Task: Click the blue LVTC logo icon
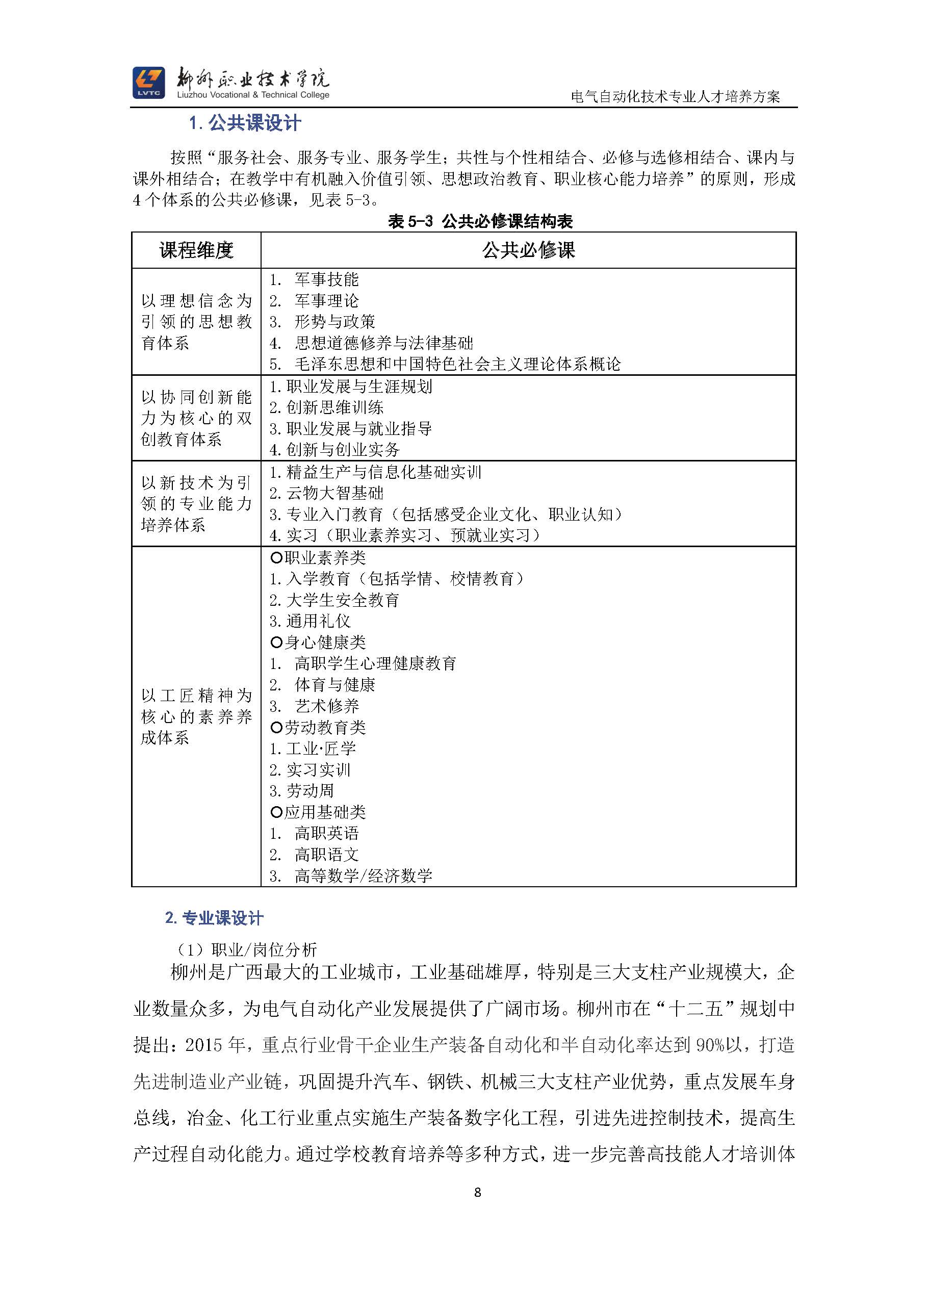(x=148, y=82)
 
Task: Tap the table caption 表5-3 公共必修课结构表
(x=480, y=221)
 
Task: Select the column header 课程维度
(x=196, y=250)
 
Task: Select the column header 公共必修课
(x=528, y=250)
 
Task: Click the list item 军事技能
(x=326, y=279)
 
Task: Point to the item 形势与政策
(x=334, y=322)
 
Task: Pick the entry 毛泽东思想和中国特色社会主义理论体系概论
(x=457, y=364)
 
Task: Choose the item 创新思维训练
(x=334, y=407)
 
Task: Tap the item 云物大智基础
(x=334, y=493)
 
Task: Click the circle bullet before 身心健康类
(x=276, y=642)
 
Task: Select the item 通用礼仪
(x=318, y=621)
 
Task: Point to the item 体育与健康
(x=334, y=685)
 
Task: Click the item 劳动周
(x=310, y=791)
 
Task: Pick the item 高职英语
(x=326, y=833)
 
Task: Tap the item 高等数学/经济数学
(x=363, y=876)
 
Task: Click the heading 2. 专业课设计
(x=214, y=918)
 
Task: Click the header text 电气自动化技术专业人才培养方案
(x=676, y=96)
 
